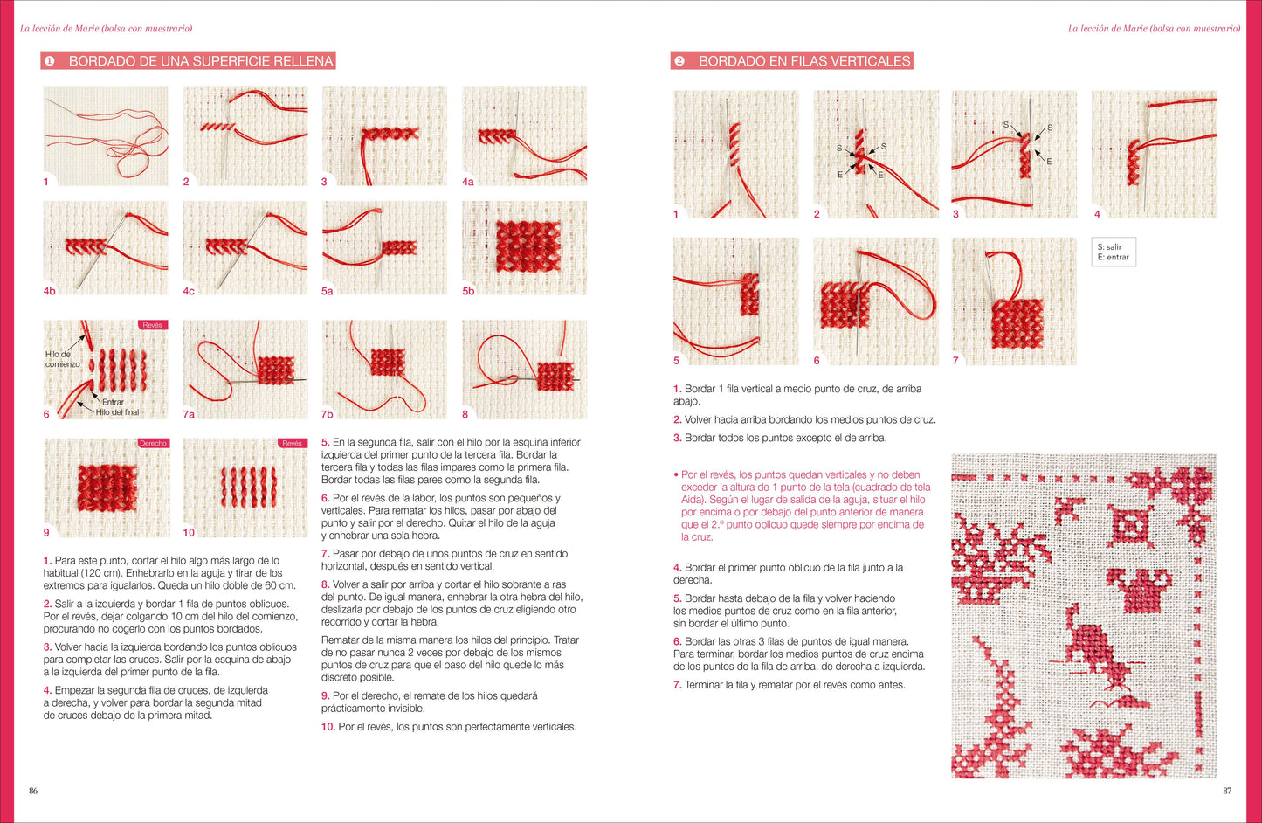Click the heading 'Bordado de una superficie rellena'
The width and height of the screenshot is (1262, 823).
[x=201, y=61]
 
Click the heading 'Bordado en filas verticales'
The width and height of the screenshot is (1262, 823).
[x=804, y=61]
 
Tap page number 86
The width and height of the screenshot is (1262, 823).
[x=33, y=791]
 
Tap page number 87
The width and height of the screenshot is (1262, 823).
[x=1227, y=791]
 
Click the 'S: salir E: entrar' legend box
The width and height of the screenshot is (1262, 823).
[x=1114, y=252]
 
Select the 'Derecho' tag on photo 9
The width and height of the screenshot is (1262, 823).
[x=153, y=443]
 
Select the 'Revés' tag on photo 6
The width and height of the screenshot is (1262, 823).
[x=153, y=325]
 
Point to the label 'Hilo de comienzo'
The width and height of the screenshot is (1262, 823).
[x=63, y=359]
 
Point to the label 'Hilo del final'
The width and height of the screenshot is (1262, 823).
[x=117, y=412]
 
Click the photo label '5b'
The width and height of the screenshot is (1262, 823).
[x=468, y=291]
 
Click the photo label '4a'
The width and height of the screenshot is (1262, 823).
[x=467, y=182]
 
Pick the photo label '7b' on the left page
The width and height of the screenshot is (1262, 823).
[x=327, y=414]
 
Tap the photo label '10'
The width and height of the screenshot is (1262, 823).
[x=188, y=533]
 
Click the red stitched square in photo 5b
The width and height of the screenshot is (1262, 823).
[x=528, y=246]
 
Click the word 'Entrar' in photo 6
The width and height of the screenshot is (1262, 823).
[x=113, y=402]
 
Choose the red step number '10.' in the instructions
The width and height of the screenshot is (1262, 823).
[x=328, y=727]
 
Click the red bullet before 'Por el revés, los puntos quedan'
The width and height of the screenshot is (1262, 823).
[x=676, y=474]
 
